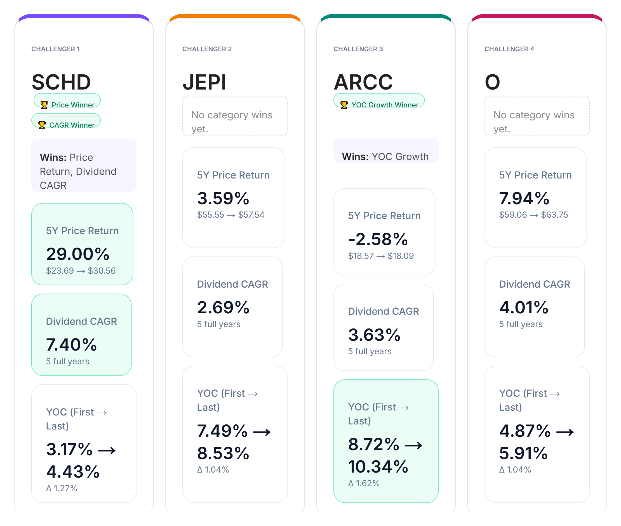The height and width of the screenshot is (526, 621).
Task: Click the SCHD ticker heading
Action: click(x=61, y=82)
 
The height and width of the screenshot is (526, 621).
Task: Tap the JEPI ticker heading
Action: click(x=204, y=82)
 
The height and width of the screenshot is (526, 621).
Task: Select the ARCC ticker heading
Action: click(x=363, y=82)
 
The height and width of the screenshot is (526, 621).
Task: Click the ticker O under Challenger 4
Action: click(x=492, y=82)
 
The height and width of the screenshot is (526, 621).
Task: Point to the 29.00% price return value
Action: click(x=78, y=254)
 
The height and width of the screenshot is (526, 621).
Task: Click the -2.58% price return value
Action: click(x=378, y=239)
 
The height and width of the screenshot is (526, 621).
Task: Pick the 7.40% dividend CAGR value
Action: click(x=72, y=344)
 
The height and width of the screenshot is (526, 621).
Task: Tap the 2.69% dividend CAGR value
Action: click(x=223, y=307)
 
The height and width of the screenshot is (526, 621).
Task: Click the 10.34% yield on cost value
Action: click(x=378, y=467)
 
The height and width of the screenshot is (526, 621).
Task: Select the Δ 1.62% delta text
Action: click(x=364, y=483)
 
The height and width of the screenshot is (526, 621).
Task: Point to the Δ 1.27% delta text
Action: click(x=62, y=488)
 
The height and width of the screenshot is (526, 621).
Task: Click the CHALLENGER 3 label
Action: click(x=358, y=49)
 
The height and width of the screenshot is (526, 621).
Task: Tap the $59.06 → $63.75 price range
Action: click(x=533, y=215)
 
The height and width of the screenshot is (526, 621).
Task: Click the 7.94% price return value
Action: click(x=524, y=198)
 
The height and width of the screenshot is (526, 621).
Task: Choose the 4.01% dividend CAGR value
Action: click(x=523, y=307)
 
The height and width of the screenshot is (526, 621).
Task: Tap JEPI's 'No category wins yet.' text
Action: click(x=232, y=122)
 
